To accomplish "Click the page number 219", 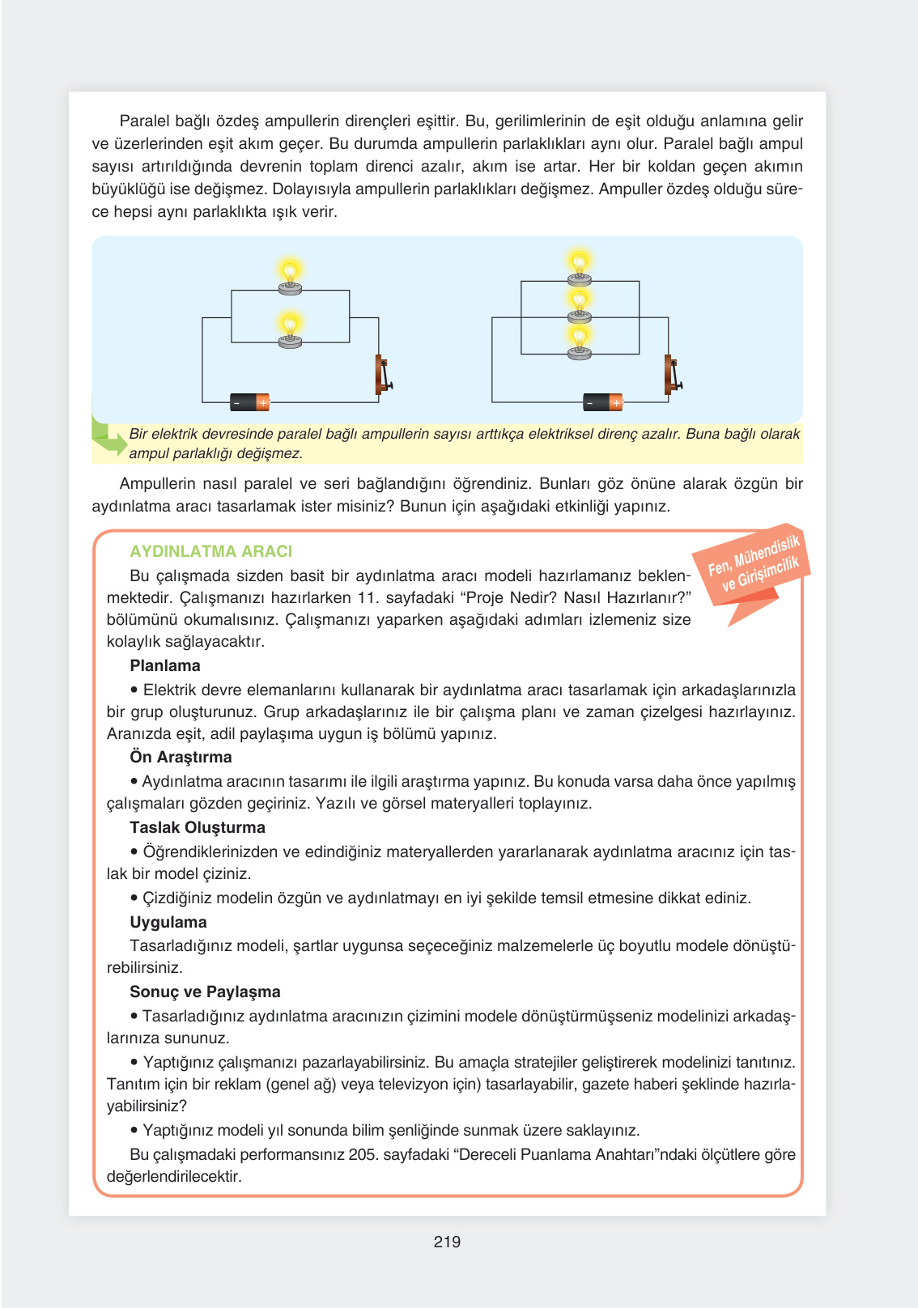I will pos(447,1242).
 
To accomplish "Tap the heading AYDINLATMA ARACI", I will pos(210,551).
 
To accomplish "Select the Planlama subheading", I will pos(165,665).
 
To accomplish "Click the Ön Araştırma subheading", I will pos(181,757).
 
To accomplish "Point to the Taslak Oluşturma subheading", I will pos(198,827).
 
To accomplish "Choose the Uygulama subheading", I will pos(168,922).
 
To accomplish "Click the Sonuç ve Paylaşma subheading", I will pos(205,992).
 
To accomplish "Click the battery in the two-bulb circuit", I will pos(250,402).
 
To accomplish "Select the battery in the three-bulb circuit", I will pos(603,402).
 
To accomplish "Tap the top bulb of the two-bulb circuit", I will pos(290,276).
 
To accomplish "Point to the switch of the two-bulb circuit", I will pos(383,376).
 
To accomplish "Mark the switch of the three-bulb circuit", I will pos(672,376).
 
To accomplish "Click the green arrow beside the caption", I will pos(108,437).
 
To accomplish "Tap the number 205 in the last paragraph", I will pos(362,1154).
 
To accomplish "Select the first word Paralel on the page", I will pos(144,121).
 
